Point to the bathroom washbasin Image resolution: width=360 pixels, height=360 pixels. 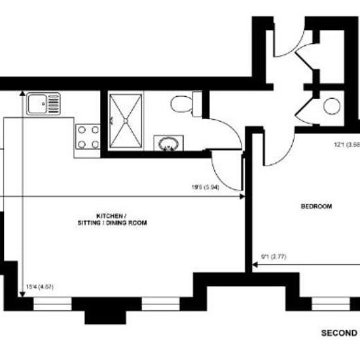pyautogui.click(x=168, y=143)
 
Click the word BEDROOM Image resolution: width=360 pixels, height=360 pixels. pyautogui.click(x=316, y=207)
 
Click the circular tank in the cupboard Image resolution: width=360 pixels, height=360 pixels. pyautogui.click(x=333, y=106)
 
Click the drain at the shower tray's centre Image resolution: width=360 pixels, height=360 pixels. pyautogui.click(x=125, y=121)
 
